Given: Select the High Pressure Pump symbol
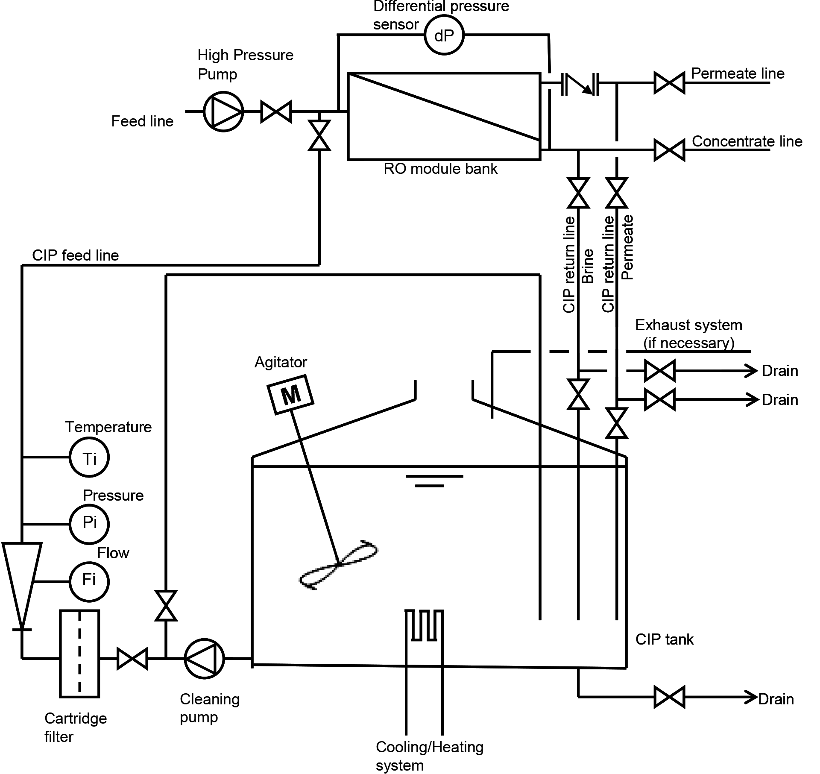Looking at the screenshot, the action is (x=223, y=111).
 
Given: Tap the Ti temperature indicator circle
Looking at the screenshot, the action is (x=89, y=457).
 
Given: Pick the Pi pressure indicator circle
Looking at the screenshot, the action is (x=89, y=524).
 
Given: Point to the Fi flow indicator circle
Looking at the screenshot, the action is (x=89, y=582).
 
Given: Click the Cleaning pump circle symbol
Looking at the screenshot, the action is (x=204, y=659).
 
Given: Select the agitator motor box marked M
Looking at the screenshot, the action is (x=290, y=395).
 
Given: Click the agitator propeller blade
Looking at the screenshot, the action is (x=339, y=565).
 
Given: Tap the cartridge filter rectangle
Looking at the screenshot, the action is (x=79, y=654).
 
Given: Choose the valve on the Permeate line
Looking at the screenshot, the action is (x=669, y=82).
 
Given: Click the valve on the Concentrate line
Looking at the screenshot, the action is (x=669, y=150).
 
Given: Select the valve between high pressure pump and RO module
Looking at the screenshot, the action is (x=276, y=111).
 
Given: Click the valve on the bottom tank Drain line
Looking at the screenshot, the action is (x=669, y=697).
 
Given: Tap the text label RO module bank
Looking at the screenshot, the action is (x=440, y=169).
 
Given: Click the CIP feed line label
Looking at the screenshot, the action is (x=76, y=255).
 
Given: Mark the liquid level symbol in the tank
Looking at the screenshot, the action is (x=434, y=481).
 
